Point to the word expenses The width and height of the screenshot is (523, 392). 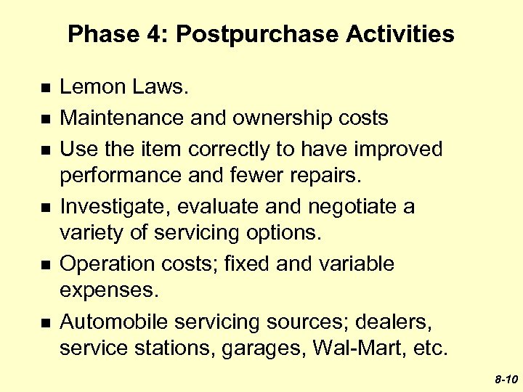tap(109, 290)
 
